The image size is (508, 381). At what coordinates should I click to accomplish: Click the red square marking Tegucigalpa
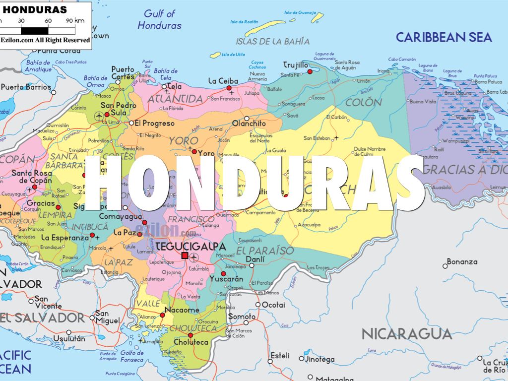185,255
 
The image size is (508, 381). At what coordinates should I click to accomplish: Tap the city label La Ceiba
223,81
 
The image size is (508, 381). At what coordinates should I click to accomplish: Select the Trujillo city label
296,65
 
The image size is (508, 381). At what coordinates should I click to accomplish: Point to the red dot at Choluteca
190,335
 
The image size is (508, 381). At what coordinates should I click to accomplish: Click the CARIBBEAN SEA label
444,37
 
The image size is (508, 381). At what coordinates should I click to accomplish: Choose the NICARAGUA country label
406,334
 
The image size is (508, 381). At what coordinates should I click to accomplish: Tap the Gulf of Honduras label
160,19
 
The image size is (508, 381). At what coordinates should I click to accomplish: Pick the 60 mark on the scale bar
49,20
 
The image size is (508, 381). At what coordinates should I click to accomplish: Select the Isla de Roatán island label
245,22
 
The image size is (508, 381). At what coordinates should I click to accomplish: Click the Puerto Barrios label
26,87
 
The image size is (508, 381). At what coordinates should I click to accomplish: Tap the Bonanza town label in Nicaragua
462,261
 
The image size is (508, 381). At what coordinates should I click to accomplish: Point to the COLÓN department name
364,103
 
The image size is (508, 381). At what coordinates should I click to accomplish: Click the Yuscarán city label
227,279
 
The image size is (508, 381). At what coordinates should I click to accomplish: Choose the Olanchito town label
249,124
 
